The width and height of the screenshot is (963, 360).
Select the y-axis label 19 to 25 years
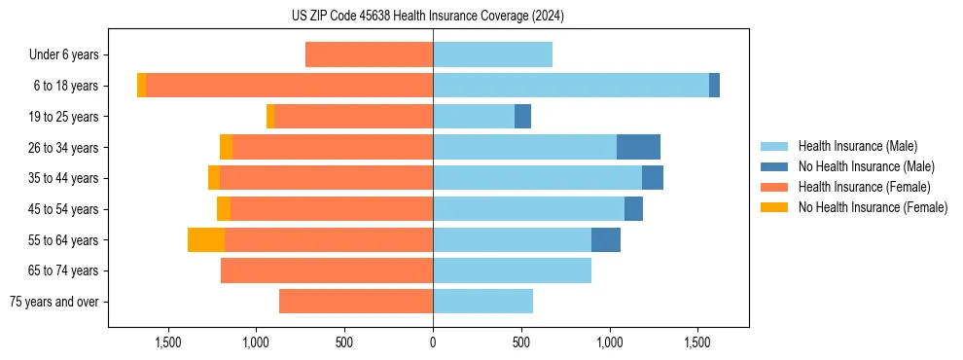[x=63, y=117]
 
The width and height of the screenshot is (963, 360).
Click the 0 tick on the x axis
[x=433, y=342]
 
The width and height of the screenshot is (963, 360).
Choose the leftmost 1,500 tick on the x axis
[x=168, y=342]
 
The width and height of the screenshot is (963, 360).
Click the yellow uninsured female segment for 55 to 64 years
[x=206, y=239]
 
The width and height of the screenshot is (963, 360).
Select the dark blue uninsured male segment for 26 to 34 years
[x=638, y=147]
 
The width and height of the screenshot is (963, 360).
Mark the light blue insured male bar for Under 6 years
[x=492, y=55]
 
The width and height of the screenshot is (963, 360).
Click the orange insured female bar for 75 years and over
[x=356, y=302]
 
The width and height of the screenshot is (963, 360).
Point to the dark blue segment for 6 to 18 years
[x=714, y=86]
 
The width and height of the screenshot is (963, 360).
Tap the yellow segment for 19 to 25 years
[x=270, y=117]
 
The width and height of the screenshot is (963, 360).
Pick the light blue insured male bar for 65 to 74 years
[x=512, y=270]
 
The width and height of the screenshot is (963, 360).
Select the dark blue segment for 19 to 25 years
[x=522, y=117]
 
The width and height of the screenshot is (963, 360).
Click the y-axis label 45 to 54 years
[x=63, y=209]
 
